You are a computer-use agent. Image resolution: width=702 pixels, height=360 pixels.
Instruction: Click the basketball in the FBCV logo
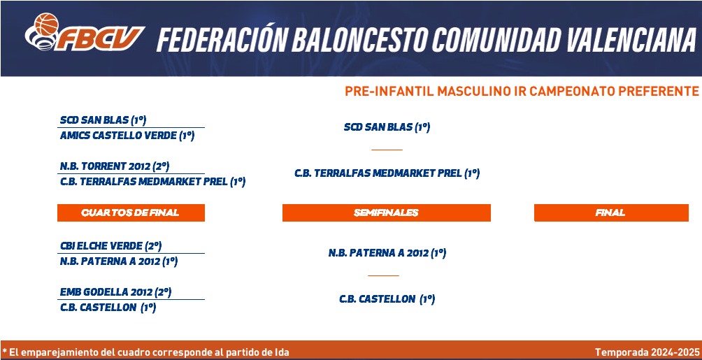(x=47, y=24)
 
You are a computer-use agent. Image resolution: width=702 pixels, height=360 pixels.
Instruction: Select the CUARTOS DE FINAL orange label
(x=131, y=213)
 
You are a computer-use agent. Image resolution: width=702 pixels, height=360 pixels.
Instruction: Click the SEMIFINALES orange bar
(x=387, y=213)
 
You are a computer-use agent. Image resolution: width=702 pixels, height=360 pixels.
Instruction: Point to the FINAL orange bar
(x=611, y=213)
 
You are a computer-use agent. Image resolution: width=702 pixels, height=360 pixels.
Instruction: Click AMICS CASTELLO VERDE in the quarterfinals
(x=127, y=136)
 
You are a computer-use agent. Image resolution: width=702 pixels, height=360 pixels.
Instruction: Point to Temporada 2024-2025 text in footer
(x=647, y=352)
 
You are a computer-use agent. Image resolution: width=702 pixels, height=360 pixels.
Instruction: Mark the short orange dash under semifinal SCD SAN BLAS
(x=387, y=150)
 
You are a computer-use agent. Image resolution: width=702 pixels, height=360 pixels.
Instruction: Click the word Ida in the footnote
(x=282, y=352)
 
